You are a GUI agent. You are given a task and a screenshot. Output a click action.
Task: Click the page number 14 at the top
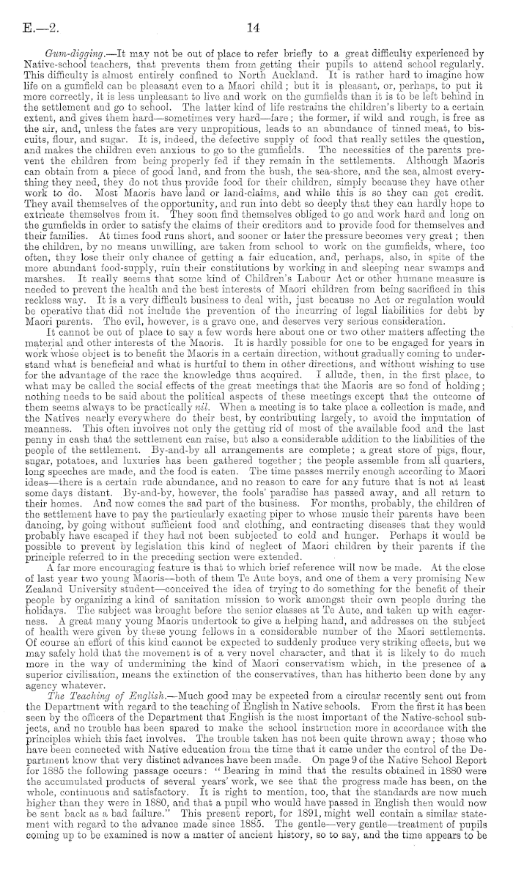point(253,11)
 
